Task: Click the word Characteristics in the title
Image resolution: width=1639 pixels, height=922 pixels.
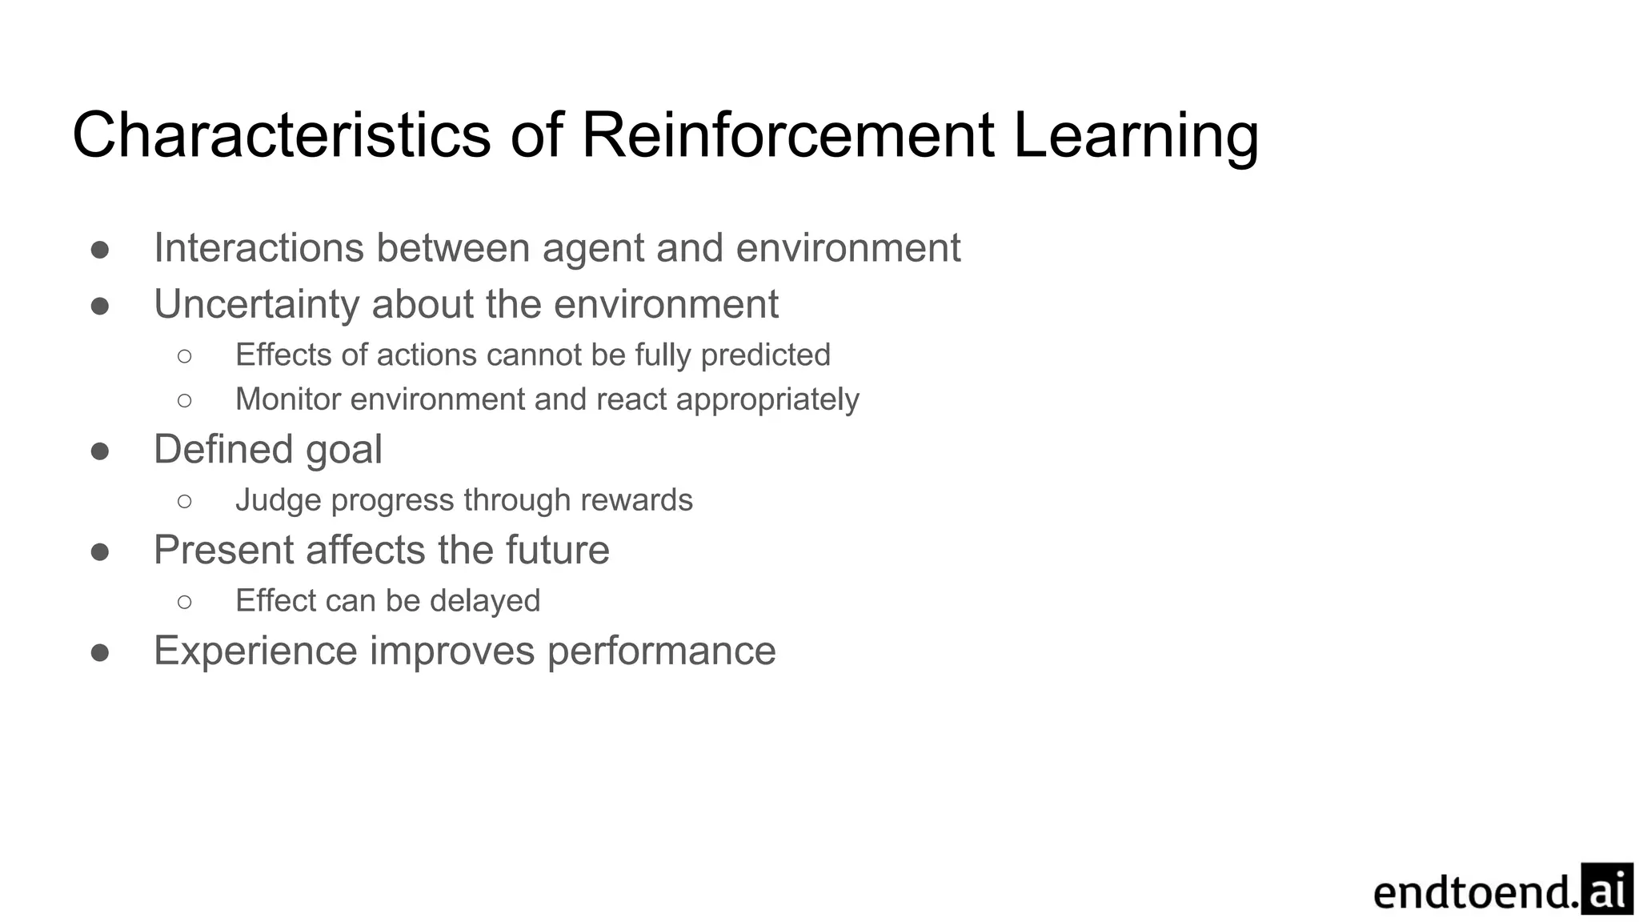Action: [281, 135]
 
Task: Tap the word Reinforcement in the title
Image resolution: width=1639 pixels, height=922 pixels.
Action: [787, 135]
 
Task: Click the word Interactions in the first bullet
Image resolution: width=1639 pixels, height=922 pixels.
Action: [258, 247]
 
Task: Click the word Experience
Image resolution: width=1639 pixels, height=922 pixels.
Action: [255, 651]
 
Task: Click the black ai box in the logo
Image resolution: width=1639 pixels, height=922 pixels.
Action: [1607, 888]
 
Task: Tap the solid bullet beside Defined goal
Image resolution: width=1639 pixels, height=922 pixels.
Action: [100, 451]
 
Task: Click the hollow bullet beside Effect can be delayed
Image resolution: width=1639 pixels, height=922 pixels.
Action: [185, 602]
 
